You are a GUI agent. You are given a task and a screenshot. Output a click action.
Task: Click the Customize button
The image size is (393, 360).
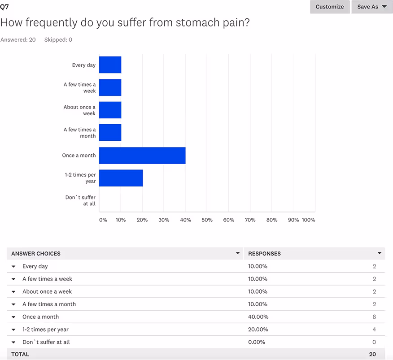click(x=329, y=7)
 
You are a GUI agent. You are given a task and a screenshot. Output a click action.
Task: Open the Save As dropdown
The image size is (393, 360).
click(x=371, y=7)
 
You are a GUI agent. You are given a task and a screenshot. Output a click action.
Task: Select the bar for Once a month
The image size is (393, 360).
click(x=142, y=156)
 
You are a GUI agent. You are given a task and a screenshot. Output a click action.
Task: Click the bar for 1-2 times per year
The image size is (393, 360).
click(x=121, y=178)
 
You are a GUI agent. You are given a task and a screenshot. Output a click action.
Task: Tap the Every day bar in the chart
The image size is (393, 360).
click(x=110, y=65)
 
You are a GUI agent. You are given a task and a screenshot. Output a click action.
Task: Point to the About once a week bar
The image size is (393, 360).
click(x=110, y=110)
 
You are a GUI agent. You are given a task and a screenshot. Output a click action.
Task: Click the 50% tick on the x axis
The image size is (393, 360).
click(x=207, y=220)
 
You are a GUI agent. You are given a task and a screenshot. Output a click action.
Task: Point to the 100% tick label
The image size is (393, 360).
click(x=308, y=220)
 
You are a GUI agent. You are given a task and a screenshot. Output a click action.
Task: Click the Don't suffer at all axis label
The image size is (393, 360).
click(x=80, y=200)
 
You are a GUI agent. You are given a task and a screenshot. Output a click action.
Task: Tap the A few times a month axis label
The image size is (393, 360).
click(x=79, y=133)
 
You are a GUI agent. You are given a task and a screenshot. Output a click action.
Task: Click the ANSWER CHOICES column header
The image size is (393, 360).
click(x=36, y=254)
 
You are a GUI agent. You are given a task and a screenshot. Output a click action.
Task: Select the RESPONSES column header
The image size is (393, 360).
click(x=264, y=254)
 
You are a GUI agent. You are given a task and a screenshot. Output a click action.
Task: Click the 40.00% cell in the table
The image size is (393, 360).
click(x=258, y=317)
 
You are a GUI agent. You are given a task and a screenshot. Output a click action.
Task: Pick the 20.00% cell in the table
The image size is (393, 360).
click(x=258, y=330)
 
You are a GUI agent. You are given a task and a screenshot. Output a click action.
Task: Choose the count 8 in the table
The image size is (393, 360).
click(x=374, y=317)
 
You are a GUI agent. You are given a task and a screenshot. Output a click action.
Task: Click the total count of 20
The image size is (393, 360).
click(x=372, y=354)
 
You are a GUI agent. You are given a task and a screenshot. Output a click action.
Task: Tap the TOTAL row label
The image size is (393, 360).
click(x=20, y=354)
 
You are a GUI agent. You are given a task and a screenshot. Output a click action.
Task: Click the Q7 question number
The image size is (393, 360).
click(x=4, y=7)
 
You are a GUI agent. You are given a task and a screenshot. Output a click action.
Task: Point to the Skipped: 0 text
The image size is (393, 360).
click(x=58, y=40)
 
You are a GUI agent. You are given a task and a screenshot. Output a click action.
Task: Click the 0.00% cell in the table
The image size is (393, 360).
click(x=257, y=342)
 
